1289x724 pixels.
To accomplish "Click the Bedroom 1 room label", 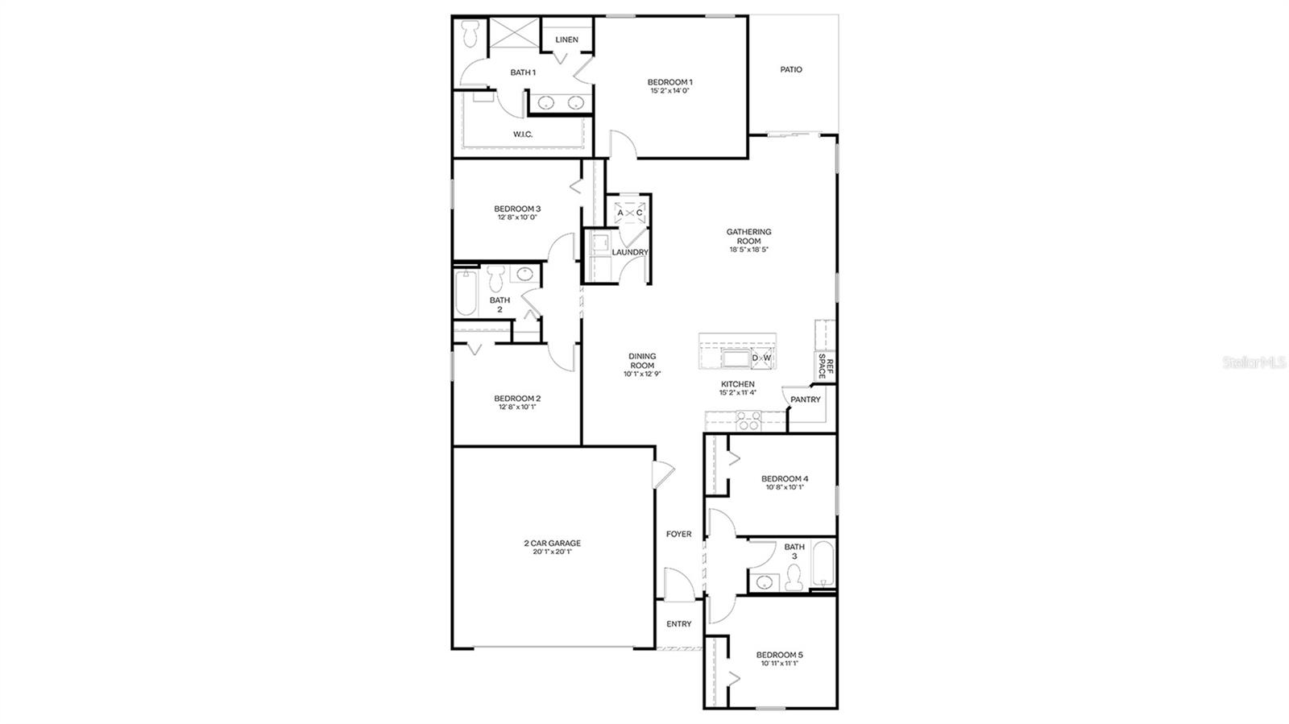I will tap(669, 82).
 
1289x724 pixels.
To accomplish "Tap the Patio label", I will tap(791, 70).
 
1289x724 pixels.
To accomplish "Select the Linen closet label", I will tap(566, 40).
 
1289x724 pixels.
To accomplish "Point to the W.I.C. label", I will tap(523, 134).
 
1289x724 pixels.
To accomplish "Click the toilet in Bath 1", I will tap(470, 33).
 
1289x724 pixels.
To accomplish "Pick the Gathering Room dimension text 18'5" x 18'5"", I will tap(749, 250).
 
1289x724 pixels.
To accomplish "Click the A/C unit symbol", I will tap(629, 213).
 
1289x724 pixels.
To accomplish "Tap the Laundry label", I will tap(630, 252).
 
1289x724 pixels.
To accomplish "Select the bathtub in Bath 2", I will tap(466, 295).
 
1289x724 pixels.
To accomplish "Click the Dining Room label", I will tap(642, 360).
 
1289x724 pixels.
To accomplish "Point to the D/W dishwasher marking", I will tap(761, 358).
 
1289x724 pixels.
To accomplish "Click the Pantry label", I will tap(805, 399).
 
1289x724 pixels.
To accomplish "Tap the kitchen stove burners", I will tap(748, 419).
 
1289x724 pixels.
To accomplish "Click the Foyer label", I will tap(678, 534).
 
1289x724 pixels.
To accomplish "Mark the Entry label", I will tap(678, 624).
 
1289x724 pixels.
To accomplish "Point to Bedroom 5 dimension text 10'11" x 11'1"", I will tap(779, 664).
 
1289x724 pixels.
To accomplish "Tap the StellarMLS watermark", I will tap(1254, 363).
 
